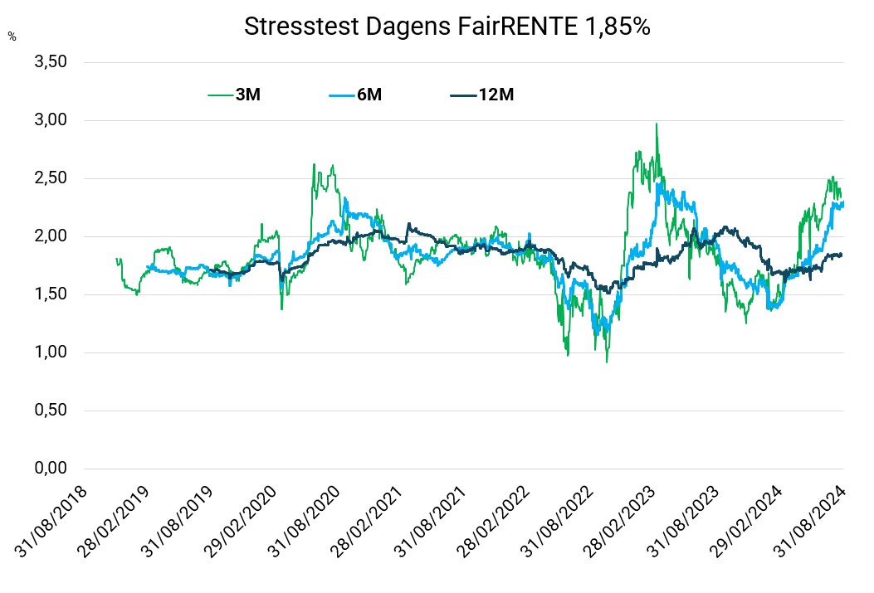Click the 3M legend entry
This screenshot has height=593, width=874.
coord(247,95)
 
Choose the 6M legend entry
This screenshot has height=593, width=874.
coord(369,95)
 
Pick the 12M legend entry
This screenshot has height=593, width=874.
coord(496,95)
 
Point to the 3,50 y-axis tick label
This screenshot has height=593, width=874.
coord(51,62)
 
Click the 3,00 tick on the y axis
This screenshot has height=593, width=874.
coord(51,120)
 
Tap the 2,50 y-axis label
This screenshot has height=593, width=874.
coord(51,178)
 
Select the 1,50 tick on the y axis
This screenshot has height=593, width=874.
coord(51,294)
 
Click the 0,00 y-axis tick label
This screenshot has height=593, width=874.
coord(51,469)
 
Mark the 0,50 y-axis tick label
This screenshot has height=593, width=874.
coord(51,411)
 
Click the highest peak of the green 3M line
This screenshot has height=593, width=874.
coord(657,124)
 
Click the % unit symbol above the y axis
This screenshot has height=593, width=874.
coord(12,36)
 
